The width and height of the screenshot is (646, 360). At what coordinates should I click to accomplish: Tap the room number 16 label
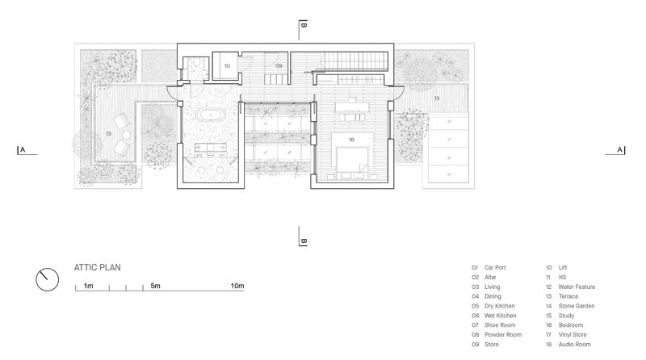[351, 140]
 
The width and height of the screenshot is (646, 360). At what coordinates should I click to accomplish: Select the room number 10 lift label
[227, 66]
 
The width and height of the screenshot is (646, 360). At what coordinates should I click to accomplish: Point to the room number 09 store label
[279, 66]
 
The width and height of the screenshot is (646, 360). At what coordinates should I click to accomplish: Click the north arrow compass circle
[48, 279]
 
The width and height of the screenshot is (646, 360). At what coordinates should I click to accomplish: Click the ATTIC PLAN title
[98, 267]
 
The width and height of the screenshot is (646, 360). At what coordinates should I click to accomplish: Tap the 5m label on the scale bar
[155, 286]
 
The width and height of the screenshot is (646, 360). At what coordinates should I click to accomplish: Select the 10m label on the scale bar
[237, 286]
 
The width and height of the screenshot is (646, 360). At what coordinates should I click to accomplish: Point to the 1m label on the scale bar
[89, 286]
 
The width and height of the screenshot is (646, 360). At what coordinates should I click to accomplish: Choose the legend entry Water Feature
[577, 287]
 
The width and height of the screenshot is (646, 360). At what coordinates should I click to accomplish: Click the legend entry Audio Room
[574, 345]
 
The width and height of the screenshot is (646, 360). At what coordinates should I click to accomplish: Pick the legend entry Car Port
[495, 267]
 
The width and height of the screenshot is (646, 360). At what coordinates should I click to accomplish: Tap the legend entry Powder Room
[503, 334]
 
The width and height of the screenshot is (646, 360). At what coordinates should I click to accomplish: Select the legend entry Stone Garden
[577, 306]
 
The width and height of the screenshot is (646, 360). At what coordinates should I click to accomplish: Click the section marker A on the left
[23, 150]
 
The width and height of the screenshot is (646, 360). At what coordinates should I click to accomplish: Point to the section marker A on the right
[619, 150]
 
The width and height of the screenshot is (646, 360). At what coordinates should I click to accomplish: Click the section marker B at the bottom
[304, 241]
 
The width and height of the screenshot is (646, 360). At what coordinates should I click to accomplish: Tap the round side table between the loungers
[126, 134]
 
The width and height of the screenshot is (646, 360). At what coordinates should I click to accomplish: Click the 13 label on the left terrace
[108, 133]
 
